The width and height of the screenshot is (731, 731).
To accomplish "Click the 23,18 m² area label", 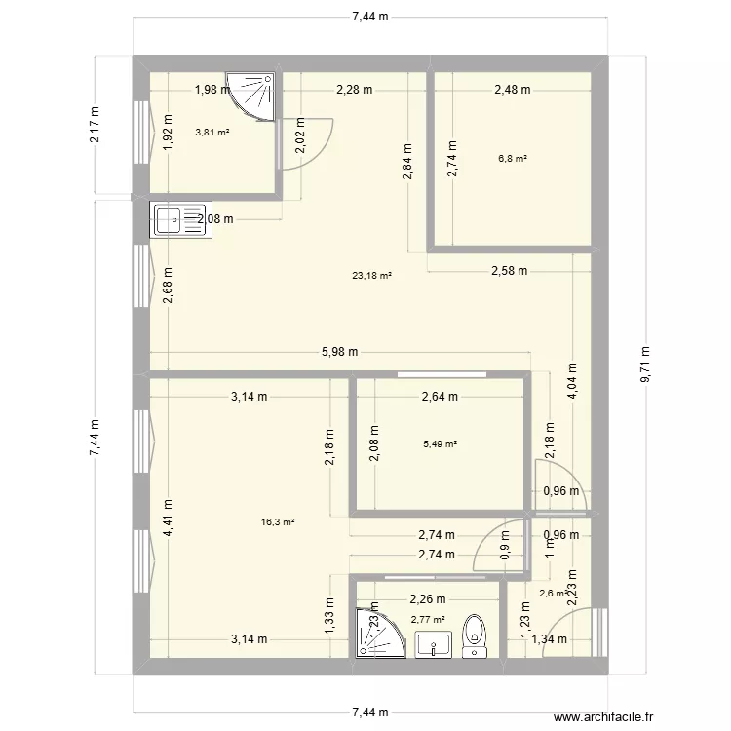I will [371, 276].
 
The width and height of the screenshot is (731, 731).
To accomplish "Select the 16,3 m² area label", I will [278, 522].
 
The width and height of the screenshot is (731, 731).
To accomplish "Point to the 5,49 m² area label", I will [440, 444].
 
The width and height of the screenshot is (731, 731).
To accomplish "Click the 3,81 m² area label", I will [212, 133].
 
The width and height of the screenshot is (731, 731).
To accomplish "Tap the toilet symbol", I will [476, 633].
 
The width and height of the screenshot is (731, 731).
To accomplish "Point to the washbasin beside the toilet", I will [434, 644].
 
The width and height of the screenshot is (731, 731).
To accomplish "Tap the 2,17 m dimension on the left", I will [96, 125].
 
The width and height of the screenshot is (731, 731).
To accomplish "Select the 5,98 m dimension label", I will [340, 352].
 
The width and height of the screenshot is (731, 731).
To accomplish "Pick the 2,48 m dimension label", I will [512, 90].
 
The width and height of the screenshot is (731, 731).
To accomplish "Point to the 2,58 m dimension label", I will [508, 270].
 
